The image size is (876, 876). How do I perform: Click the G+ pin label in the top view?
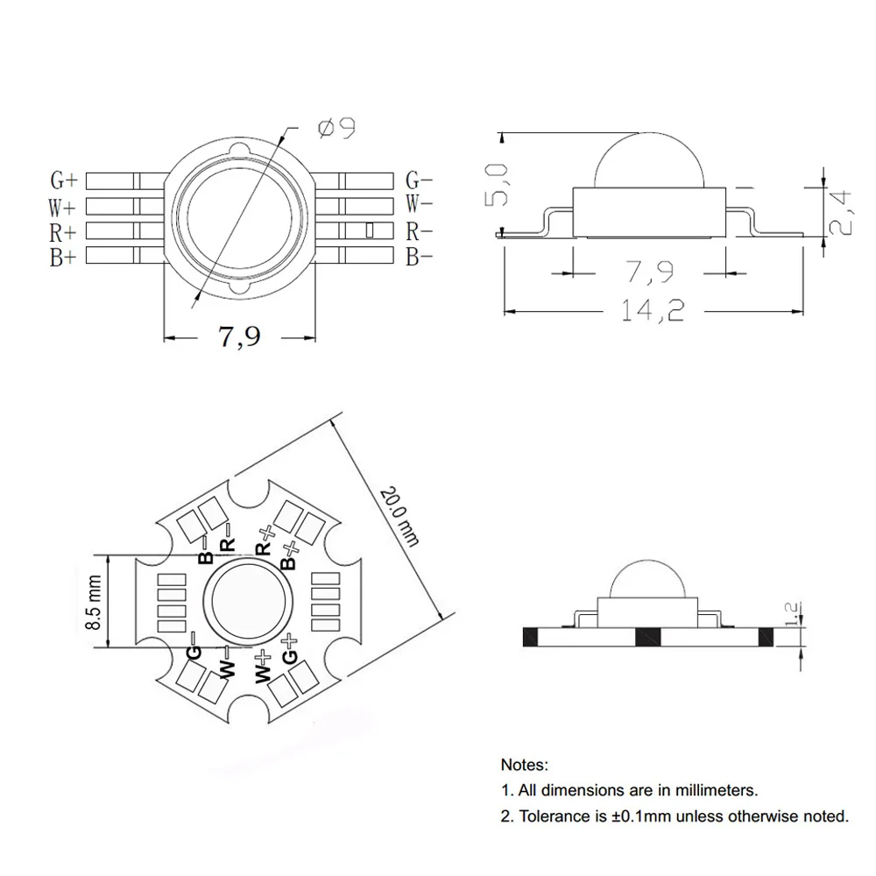(64, 180)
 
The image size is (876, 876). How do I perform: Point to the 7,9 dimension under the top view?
(239, 336)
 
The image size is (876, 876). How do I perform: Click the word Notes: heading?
(525, 765)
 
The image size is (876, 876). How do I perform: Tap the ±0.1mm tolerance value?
(643, 816)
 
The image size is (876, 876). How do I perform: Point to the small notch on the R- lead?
(369, 231)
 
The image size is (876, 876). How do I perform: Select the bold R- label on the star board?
(227, 540)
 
